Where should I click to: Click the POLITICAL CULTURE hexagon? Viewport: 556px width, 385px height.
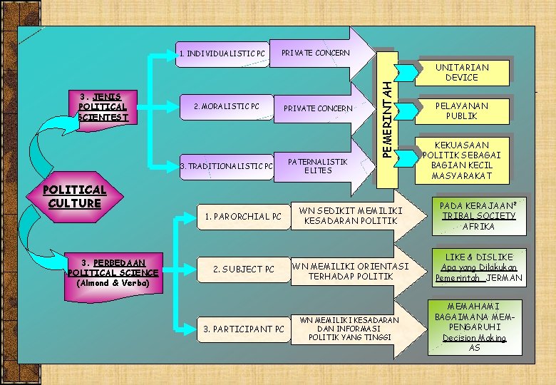75,196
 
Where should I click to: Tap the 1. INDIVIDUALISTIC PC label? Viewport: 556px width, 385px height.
222,53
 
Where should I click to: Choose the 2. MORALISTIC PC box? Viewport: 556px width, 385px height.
224,107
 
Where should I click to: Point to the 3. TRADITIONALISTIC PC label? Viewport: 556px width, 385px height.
227,167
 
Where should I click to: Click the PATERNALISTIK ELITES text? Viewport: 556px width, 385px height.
317,166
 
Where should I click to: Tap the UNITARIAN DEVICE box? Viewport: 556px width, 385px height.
462,72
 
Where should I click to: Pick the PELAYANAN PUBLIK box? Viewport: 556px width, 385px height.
462,111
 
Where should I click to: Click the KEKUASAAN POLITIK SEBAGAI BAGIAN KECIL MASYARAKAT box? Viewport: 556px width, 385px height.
462,160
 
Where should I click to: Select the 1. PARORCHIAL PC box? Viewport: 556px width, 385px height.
243,216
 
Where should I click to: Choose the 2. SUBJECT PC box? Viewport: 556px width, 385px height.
243,269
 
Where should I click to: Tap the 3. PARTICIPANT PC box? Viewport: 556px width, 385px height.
243,329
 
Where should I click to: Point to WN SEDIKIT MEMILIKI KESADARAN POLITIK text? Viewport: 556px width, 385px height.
351,215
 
